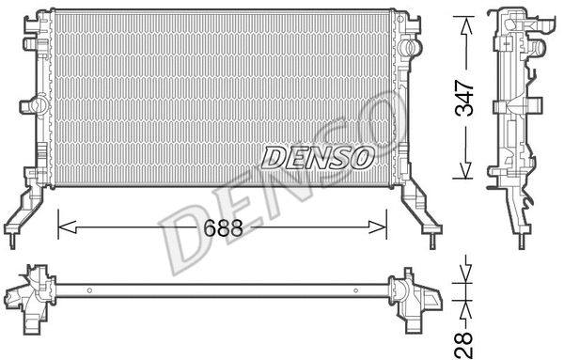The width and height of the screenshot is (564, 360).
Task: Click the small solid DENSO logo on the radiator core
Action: [317, 156]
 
